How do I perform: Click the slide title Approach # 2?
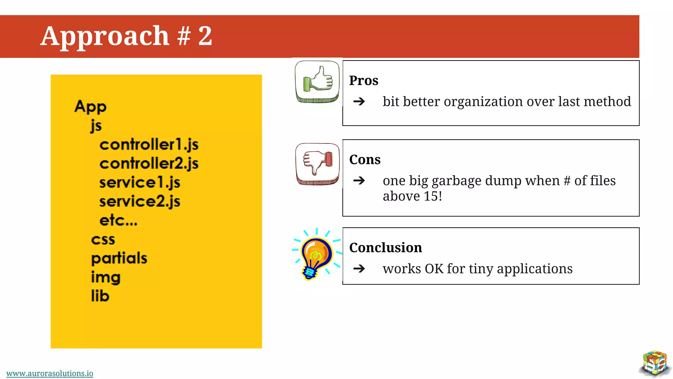[127, 36]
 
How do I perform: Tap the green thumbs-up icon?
[317, 81]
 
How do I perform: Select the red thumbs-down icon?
[317, 164]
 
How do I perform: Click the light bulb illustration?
[316, 255]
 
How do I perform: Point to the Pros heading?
[363, 81]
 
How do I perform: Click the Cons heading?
[365, 160]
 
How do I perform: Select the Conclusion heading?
[385, 248]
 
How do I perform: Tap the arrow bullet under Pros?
[359, 101]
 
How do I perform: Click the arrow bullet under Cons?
[359, 181]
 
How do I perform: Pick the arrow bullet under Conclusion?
[359, 269]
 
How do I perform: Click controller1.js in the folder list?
[149, 145]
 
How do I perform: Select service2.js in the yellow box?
[140, 202]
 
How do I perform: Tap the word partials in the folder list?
[119, 258]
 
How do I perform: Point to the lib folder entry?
[100, 296]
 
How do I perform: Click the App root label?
[90, 107]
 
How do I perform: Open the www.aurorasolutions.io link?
[50, 373]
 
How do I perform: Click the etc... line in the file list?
[118, 220]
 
